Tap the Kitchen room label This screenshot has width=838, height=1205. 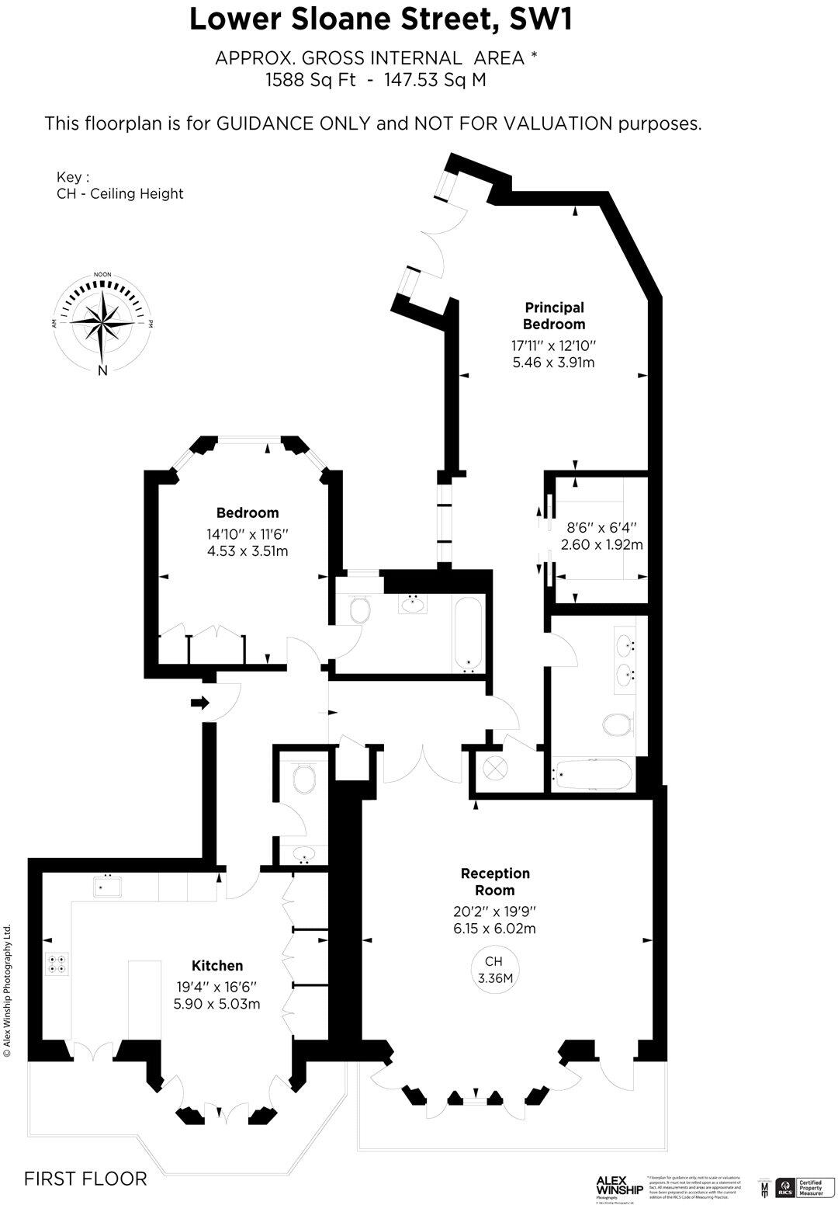click(217, 965)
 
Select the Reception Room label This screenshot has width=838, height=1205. click(495, 881)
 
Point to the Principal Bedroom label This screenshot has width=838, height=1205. click(553, 316)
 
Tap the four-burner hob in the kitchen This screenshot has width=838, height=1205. click(57, 964)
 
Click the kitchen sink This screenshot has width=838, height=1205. click(107, 886)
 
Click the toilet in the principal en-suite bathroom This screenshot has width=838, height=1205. click(618, 725)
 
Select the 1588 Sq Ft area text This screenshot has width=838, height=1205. click(310, 79)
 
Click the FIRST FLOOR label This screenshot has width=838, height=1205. click(85, 1179)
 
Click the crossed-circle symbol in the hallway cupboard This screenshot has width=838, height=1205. click(495, 768)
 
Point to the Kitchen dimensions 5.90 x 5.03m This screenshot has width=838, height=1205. click(217, 1003)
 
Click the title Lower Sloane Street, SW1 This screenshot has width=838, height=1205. click(381, 20)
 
